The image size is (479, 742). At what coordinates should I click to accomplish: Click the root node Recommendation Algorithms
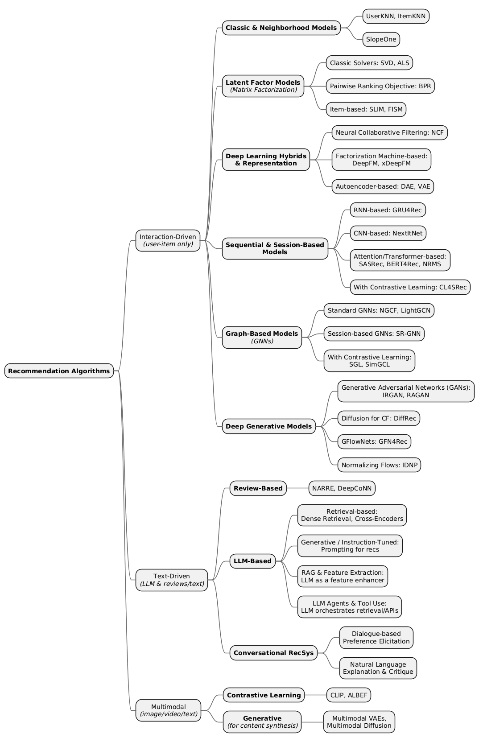(x=59, y=371)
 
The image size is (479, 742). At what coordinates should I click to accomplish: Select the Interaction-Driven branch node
(x=168, y=240)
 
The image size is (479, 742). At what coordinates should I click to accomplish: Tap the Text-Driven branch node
(x=172, y=580)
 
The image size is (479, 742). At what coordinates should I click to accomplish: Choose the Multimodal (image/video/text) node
(x=168, y=710)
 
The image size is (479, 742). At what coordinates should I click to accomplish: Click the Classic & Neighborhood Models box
(x=281, y=28)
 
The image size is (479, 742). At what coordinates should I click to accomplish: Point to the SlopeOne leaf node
(x=381, y=39)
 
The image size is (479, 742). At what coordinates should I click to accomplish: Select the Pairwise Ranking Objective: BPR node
(x=380, y=86)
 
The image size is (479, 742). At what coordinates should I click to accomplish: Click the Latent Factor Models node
(x=263, y=86)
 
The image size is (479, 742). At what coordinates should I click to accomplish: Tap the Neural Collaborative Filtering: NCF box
(x=389, y=132)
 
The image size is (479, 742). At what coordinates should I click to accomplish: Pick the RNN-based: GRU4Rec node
(x=388, y=210)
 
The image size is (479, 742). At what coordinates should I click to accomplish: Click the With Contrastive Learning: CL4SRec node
(x=410, y=287)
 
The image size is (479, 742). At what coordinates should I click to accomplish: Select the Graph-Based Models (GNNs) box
(x=262, y=337)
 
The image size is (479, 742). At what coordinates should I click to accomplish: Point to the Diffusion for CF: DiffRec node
(x=379, y=418)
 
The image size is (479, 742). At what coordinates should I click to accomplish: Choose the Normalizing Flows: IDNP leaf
(x=379, y=465)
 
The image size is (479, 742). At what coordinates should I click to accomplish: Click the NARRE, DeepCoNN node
(x=342, y=488)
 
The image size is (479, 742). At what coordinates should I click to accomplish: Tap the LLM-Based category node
(x=252, y=561)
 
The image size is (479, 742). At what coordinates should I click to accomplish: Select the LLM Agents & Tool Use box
(x=349, y=607)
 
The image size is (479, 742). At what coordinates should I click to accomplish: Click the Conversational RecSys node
(x=273, y=653)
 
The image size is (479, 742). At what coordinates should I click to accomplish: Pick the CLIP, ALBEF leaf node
(x=348, y=695)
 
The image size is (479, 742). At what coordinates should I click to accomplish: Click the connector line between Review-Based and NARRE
(x=297, y=488)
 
